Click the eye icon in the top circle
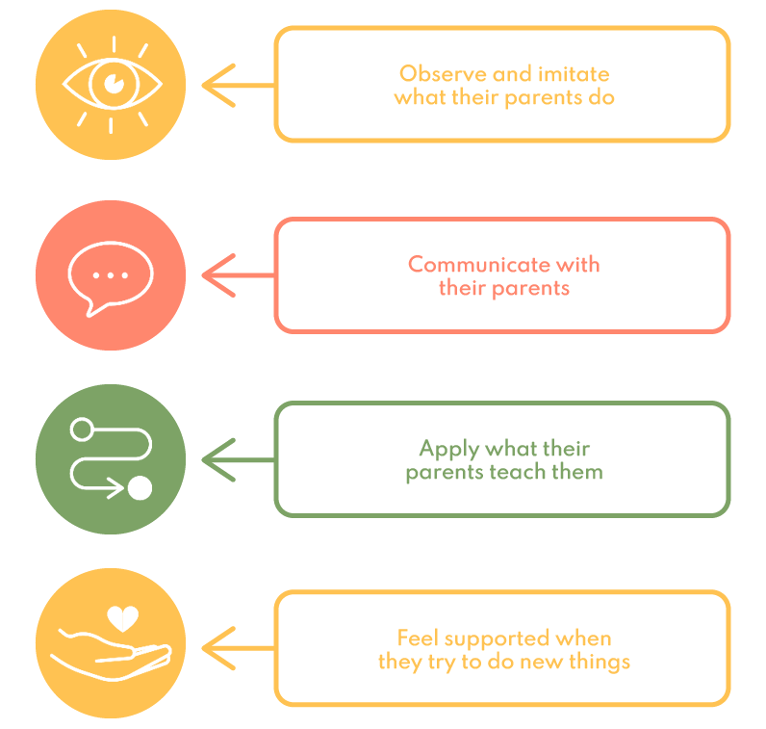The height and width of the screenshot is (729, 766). [x=111, y=84]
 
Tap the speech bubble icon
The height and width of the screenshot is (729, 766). [x=110, y=275]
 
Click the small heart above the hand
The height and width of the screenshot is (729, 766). [x=122, y=617]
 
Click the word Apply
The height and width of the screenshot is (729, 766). [x=448, y=448]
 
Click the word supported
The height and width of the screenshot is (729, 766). [x=493, y=638]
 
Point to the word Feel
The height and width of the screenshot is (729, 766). [x=417, y=638]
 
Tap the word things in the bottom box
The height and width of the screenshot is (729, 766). [x=600, y=662]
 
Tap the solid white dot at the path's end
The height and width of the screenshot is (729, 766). [x=140, y=488]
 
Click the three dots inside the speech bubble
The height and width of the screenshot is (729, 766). [x=110, y=274]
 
